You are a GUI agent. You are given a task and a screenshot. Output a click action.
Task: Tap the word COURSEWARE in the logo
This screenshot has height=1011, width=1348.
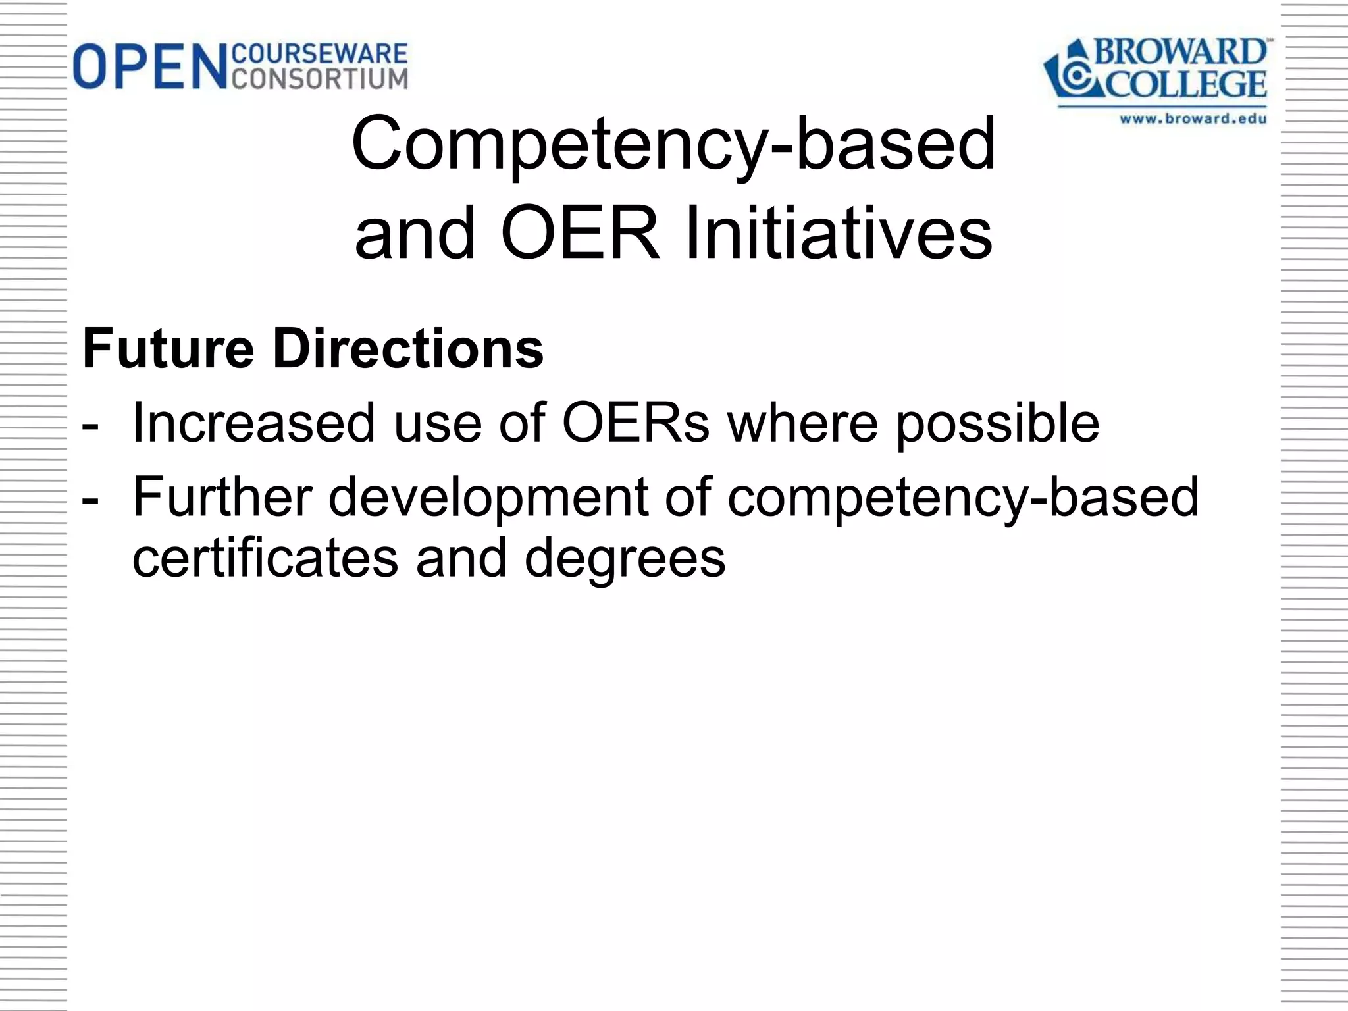321,53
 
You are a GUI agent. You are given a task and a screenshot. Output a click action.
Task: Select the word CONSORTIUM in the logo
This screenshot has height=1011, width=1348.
321,79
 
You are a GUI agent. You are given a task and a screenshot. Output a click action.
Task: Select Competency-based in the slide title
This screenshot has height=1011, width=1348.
673,143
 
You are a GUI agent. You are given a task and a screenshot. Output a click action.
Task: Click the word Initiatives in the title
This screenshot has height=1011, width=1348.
838,234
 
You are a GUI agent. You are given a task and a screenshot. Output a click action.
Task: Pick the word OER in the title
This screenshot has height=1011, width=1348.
580,234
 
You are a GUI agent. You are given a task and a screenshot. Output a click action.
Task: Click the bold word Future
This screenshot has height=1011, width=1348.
168,349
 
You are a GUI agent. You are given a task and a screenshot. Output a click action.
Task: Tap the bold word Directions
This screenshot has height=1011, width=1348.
408,349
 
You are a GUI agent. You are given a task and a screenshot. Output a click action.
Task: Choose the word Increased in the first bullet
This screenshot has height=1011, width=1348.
254,423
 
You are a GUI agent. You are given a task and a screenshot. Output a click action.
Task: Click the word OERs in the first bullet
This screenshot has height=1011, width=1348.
636,423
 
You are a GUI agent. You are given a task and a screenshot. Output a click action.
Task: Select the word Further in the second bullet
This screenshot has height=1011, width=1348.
222,497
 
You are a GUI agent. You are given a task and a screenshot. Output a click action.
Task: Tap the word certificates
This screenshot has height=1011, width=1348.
266,558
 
